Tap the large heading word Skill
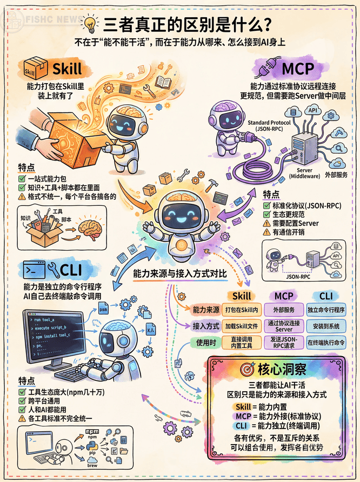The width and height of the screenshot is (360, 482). [x=67, y=69]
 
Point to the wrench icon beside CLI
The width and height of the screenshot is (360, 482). [x=54, y=269]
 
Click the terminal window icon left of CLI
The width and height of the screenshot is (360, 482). [x=32, y=269]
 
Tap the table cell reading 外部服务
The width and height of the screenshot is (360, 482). [x=284, y=310]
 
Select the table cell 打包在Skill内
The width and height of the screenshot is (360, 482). [x=241, y=310]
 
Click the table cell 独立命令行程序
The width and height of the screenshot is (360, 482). [x=326, y=310]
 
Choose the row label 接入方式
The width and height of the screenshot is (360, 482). [x=205, y=326]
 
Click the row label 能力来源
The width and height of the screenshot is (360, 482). [x=205, y=310]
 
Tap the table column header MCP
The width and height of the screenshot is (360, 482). [x=284, y=296]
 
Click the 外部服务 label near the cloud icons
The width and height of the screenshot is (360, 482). [x=336, y=175]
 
